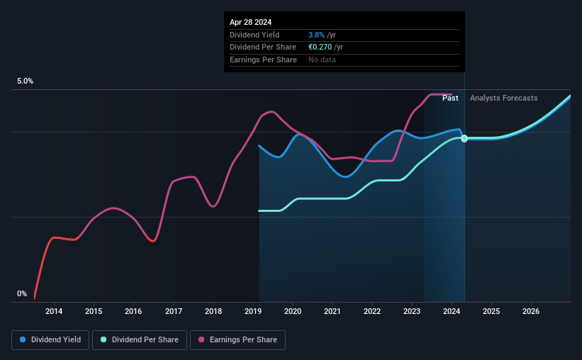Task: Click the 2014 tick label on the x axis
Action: pos(54,311)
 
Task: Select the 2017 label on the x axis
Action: pos(174,311)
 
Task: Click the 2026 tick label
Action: pos(532,311)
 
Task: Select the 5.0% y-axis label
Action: pos(26,81)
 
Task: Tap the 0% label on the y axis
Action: pos(22,293)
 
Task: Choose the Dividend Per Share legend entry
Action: pos(140,340)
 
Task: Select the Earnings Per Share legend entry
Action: pos(237,340)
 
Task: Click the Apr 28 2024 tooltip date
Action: pos(250,23)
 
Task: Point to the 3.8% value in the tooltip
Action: pos(315,35)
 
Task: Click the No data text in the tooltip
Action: pos(322,60)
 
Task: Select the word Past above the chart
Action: pos(450,98)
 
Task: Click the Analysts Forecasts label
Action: pos(503,98)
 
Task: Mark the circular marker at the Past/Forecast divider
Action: pos(464,138)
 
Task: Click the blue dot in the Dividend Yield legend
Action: pos(23,340)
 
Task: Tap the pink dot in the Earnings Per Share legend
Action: pos(201,340)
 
